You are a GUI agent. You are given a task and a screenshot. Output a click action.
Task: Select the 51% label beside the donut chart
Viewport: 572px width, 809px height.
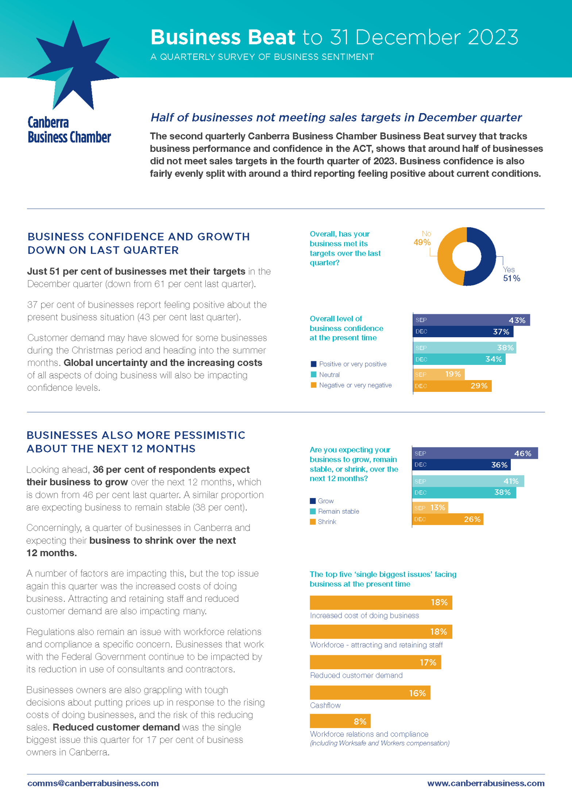tap(511, 278)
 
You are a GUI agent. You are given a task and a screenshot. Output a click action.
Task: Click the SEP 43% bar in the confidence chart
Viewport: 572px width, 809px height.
tap(471, 320)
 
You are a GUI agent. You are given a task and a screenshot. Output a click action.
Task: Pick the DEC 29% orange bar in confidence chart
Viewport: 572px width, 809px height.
tap(452, 386)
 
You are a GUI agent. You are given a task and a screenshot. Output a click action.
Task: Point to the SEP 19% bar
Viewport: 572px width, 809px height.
tap(438, 374)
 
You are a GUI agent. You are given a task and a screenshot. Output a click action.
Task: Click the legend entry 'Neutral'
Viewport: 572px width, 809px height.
tap(329, 375)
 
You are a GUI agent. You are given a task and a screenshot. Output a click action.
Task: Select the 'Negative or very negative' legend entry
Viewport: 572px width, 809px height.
tap(355, 385)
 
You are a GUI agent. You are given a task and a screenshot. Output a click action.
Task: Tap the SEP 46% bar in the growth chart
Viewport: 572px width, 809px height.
tap(475, 453)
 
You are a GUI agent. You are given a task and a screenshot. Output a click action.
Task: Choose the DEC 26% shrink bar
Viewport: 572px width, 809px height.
tap(448, 519)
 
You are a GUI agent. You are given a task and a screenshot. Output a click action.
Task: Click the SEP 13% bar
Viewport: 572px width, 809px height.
tap(430, 508)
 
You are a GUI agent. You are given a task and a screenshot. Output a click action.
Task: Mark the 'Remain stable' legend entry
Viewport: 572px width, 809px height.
tap(338, 511)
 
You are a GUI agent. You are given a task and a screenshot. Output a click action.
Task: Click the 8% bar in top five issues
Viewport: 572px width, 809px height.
tap(340, 721)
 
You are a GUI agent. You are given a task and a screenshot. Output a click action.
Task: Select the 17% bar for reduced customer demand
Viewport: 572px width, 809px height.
tap(375, 662)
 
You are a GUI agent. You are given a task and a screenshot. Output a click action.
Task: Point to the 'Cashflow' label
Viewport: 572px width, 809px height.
tap(325, 705)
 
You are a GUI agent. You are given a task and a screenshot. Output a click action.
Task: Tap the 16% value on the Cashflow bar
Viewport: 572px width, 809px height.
tap(417, 693)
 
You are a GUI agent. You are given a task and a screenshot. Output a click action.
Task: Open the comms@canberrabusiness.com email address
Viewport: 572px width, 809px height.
tap(93, 783)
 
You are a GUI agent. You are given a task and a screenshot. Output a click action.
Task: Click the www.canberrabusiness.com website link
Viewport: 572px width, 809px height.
tap(486, 783)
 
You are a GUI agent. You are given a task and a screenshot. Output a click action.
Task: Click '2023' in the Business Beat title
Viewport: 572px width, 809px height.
tap(492, 37)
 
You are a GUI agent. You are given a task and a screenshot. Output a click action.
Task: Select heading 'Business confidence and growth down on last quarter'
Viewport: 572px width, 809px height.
tap(139, 243)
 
